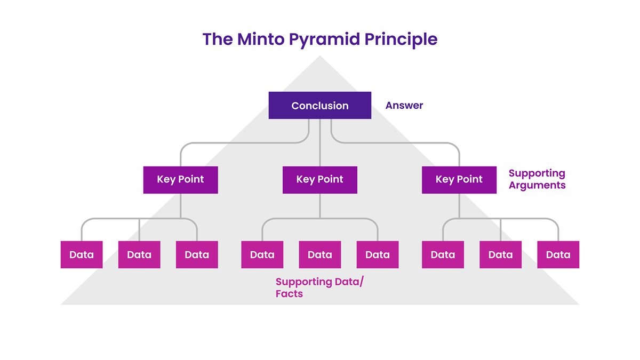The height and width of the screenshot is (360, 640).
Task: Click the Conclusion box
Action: [320, 106]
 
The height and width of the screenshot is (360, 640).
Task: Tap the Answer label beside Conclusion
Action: [404, 106]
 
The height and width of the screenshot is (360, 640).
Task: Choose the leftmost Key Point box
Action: [180, 180]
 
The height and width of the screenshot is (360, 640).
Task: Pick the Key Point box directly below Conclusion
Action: [320, 180]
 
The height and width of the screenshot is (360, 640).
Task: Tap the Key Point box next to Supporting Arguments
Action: [459, 180]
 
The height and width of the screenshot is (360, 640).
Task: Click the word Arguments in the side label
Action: [537, 186]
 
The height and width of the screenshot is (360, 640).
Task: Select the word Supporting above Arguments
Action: [537, 173]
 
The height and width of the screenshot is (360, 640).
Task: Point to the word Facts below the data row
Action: [289, 294]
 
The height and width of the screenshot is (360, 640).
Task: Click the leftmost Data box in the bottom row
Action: [82, 255]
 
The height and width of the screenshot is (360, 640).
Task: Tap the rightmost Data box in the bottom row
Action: [558, 255]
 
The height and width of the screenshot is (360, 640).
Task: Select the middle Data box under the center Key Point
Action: [320, 255]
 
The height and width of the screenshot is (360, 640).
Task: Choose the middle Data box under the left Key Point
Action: [139, 255]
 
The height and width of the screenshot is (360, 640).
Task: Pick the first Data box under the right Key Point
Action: [443, 255]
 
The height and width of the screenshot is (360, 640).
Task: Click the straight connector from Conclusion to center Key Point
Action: [320, 143]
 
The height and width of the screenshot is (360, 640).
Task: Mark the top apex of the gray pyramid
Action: [320, 57]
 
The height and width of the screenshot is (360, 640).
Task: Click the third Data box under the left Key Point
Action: [197, 255]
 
